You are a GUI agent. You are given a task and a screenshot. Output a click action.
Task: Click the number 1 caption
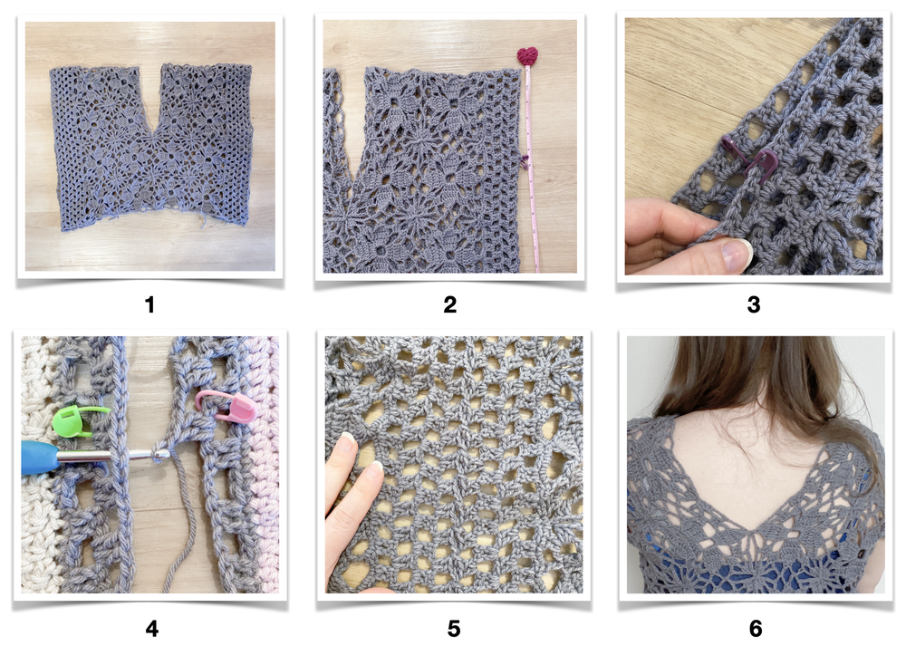click(x=149, y=304)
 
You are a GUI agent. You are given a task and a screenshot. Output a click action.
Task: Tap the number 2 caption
click(x=450, y=304)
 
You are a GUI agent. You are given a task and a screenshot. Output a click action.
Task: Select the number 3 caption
click(x=754, y=304)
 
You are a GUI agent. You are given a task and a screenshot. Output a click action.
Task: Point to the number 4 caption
click(x=152, y=628)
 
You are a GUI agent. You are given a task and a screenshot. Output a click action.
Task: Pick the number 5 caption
click(x=454, y=628)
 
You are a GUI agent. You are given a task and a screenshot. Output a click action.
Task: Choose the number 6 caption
click(x=756, y=628)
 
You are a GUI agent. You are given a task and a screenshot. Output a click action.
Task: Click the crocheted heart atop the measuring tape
click(x=527, y=56)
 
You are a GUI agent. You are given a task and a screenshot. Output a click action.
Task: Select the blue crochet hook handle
click(x=39, y=458)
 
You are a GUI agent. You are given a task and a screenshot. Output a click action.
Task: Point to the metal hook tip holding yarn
click(x=159, y=456)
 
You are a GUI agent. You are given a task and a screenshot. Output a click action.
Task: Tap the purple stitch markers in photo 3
click(x=749, y=158)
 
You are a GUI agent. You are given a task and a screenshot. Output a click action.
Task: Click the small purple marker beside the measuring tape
click(x=525, y=161)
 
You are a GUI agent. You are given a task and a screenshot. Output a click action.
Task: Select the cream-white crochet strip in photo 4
click(x=39, y=465)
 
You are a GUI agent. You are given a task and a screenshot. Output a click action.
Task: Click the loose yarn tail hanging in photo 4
click(x=178, y=520)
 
